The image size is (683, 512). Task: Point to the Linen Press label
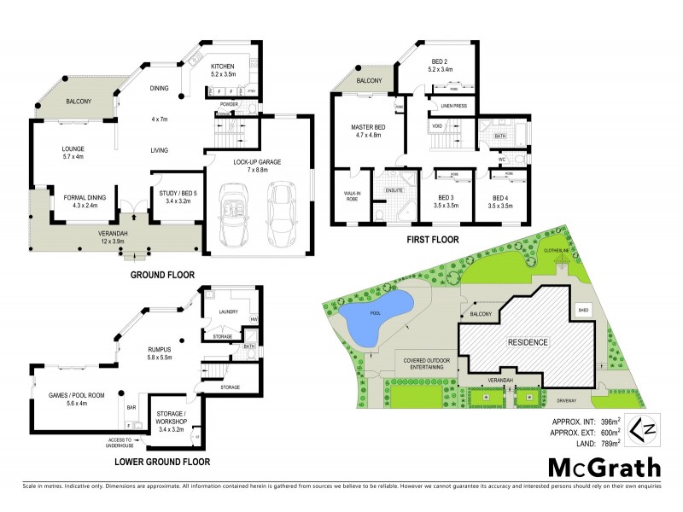point(452,105)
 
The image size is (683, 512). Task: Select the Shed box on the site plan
point(584,310)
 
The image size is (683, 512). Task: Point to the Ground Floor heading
point(161,275)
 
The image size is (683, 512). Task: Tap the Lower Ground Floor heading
point(162,462)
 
